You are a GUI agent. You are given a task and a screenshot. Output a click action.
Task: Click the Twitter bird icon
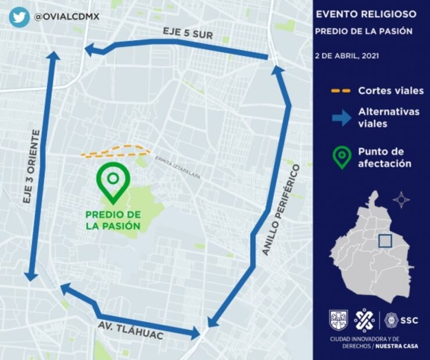pyautogui.click(x=19, y=17)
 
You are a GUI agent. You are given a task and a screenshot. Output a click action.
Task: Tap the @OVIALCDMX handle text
pyautogui.click(x=67, y=17)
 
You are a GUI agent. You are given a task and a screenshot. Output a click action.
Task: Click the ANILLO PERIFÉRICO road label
pyautogui.click(x=281, y=210)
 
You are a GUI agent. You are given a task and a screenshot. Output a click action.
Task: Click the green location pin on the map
pyautogui.click(x=113, y=181)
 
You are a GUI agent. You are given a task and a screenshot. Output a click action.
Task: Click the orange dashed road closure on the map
pyautogui.click(x=115, y=152)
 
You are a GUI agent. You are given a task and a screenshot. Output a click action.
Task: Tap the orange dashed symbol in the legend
pyautogui.click(x=341, y=91)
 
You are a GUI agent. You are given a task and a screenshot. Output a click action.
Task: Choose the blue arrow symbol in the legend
pyautogui.click(x=342, y=118)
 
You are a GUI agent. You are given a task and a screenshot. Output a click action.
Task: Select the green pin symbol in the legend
pyautogui.click(x=342, y=157)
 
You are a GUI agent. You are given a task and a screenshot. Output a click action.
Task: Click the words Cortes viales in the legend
pyautogui.click(x=390, y=91)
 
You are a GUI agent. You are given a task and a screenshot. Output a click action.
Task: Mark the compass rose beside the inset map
pyautogui.click(x=401, y=200)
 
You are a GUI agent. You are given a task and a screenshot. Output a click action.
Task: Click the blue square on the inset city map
pyautogui.click(x=385, y=241)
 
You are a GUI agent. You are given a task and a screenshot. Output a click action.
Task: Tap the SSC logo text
pyautogui.click(x=408, y=320)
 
